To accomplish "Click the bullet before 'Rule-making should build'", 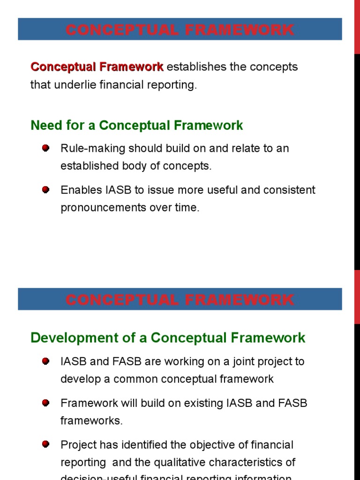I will click(45, 148).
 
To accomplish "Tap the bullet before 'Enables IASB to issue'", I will click(45, 189).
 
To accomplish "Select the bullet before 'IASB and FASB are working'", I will click(45, 361).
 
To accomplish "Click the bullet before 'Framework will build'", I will click(45, 403).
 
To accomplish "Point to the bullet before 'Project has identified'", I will click(45, 444).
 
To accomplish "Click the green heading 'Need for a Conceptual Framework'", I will click(136, 126).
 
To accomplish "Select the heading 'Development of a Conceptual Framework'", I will click(168, 337).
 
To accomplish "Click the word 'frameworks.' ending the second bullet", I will click(91, 421).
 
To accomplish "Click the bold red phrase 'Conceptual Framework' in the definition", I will click(97, 67).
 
